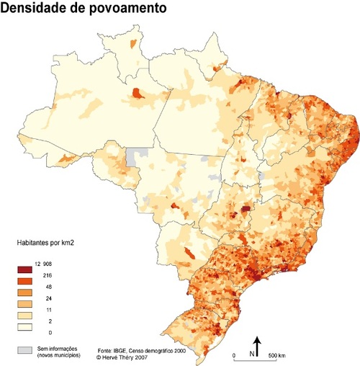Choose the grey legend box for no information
[x=26, y=350]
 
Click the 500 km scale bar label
[x=277, y=356]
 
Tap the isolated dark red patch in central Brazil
[x=248, y=209]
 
